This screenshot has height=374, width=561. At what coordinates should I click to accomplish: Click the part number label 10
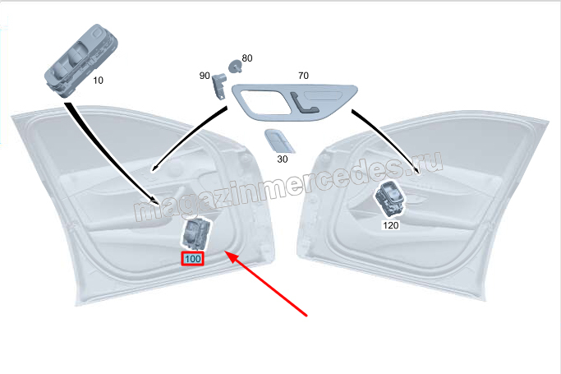(x=98, y=81)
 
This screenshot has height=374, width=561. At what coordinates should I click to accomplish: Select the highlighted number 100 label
(x=192, y=258)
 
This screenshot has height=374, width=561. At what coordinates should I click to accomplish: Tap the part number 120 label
(x=390, y=225)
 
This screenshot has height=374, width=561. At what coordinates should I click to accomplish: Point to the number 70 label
(x=303, y=76)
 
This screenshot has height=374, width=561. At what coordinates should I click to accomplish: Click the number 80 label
(x=247, y=58)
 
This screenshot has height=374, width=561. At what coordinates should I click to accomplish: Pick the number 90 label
(x=205, y=76)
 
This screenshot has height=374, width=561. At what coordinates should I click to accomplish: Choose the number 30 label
(x=283, y=159)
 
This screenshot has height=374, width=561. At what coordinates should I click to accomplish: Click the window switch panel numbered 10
(x=81, y=60)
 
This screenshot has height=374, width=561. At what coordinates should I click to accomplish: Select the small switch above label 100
(x=196, y=233)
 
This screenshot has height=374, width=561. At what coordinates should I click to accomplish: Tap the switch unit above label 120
(x=389, y=199)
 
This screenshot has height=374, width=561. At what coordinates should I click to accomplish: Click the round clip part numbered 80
(x=235, y=67)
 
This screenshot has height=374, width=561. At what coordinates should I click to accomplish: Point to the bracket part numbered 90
(x=219, y=85)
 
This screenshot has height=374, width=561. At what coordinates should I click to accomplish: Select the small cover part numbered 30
(x=280, y=141)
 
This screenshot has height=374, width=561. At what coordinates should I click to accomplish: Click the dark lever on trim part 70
(x=304, y=104)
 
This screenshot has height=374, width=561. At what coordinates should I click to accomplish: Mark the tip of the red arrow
(x=225, y=252)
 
